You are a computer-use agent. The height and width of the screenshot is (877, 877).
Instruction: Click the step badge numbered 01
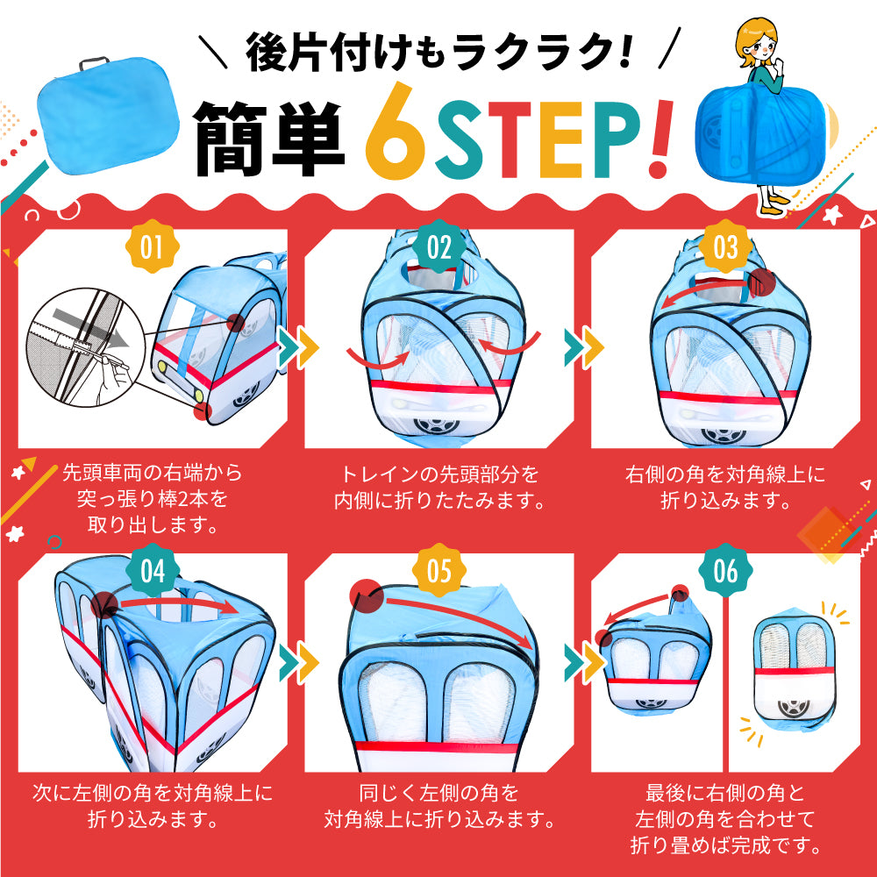[x=152, y=246]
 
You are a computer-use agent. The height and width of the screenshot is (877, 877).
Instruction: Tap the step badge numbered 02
[x=439, y=246]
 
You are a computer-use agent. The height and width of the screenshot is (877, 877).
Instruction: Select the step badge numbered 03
[x=725, y=246]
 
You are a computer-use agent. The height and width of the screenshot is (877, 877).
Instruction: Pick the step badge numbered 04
[x=152, y=571]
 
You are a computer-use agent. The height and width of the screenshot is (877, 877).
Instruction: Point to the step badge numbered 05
[x=439, y=571]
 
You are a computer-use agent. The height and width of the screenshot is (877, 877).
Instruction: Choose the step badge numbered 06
[x=725, y=571]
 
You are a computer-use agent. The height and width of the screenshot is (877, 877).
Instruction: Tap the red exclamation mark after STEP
[x=660, y=139]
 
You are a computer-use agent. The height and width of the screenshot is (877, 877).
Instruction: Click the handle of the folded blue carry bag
[x=94, y=62]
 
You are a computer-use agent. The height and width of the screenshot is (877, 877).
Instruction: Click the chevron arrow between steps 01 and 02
[x=299, y=347]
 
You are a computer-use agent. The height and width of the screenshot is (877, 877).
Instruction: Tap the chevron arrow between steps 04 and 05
[x=299, y=663]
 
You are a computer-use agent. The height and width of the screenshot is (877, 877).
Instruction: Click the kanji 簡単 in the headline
[x=268, y=139]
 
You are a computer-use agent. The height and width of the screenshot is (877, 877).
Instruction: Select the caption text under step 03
[x=725, y=487]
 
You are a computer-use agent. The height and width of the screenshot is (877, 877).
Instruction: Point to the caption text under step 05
[x=439, y=805]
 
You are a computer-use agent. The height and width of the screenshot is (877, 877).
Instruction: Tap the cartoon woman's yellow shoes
[x=774, y=205]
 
